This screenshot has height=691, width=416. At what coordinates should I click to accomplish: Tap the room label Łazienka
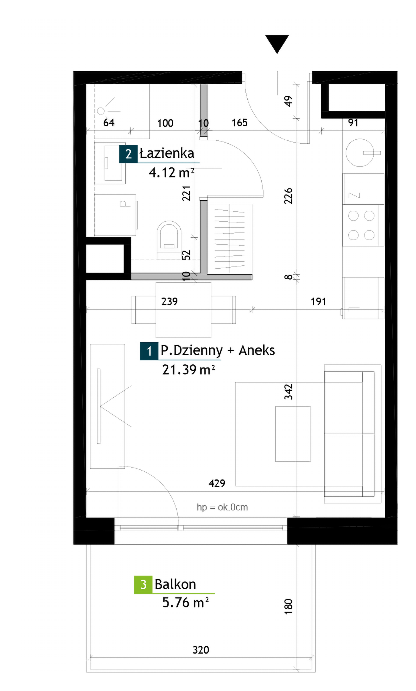click(x=167, y=153)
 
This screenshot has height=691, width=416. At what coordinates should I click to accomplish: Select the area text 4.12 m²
click(x=171, y=173)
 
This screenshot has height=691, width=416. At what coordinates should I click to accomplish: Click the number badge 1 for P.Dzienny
click(x=149, y=351)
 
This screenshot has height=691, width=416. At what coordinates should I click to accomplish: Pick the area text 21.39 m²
click(x=188, y=370)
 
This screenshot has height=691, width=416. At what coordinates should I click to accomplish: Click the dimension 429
click(x=217, y=483)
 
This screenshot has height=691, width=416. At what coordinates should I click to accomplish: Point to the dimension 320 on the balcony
click(x=201, y=650)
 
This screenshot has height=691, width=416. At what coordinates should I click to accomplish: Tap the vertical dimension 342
click(x=288, y=392)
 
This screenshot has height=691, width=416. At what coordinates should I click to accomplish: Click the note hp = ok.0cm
click(x=222, y=507)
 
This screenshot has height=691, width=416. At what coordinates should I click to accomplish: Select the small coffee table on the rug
click(x=293, y=434)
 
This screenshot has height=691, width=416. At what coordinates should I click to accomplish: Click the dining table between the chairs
click(x=183, y=310)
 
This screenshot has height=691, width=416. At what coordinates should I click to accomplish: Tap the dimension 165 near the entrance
click(x=240, y=123)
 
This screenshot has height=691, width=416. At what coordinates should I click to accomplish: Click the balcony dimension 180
click(x=288, y=607)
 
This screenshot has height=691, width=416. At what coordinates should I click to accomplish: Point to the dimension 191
click(x=318, y=302)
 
